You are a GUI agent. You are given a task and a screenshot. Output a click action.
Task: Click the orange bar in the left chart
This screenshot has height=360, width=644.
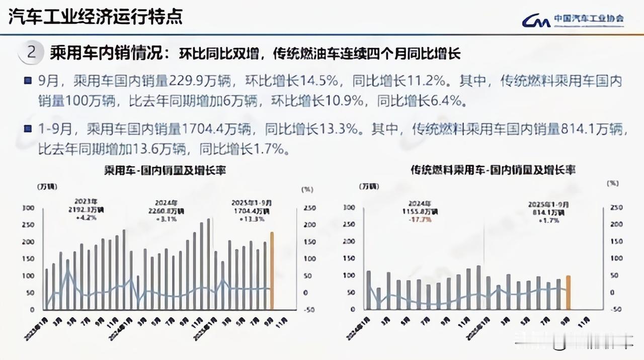tap(272, 271)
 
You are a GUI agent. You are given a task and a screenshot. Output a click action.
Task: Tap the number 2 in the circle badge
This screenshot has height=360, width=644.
tap(32, 52)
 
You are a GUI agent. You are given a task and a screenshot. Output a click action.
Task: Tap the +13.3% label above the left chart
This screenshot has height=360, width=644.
tap(248, 219)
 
